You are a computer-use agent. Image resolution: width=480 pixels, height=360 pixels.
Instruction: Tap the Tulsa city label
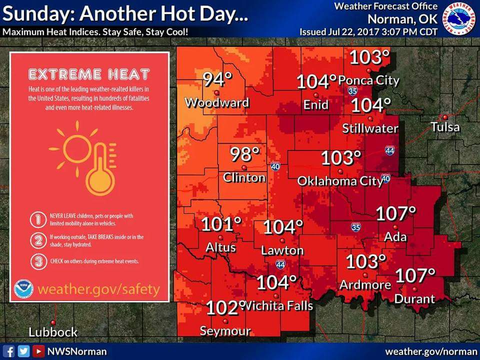click(445, 127)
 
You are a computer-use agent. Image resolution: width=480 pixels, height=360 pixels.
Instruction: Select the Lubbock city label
click(53, 332)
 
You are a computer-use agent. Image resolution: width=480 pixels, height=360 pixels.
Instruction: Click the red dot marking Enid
click(315, 95)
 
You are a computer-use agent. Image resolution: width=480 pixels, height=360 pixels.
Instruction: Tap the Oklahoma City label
click(340, 181)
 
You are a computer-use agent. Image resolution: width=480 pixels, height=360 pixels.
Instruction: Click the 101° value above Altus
click(221, 225)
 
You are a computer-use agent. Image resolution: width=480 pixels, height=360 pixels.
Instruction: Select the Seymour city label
click(225, 330)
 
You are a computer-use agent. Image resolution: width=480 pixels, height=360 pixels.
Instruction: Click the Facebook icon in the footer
click(9, 351)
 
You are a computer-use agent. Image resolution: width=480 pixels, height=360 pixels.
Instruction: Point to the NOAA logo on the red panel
click(23, 288)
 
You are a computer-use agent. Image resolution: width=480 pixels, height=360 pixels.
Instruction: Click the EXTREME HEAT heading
click(89, 75)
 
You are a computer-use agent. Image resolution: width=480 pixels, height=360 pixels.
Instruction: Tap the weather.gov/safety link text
click(99, 289)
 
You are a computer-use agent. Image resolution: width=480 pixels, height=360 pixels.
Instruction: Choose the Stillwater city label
click(370, 128)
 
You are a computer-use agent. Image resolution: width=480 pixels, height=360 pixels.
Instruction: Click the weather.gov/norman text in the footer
click(430, 351)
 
